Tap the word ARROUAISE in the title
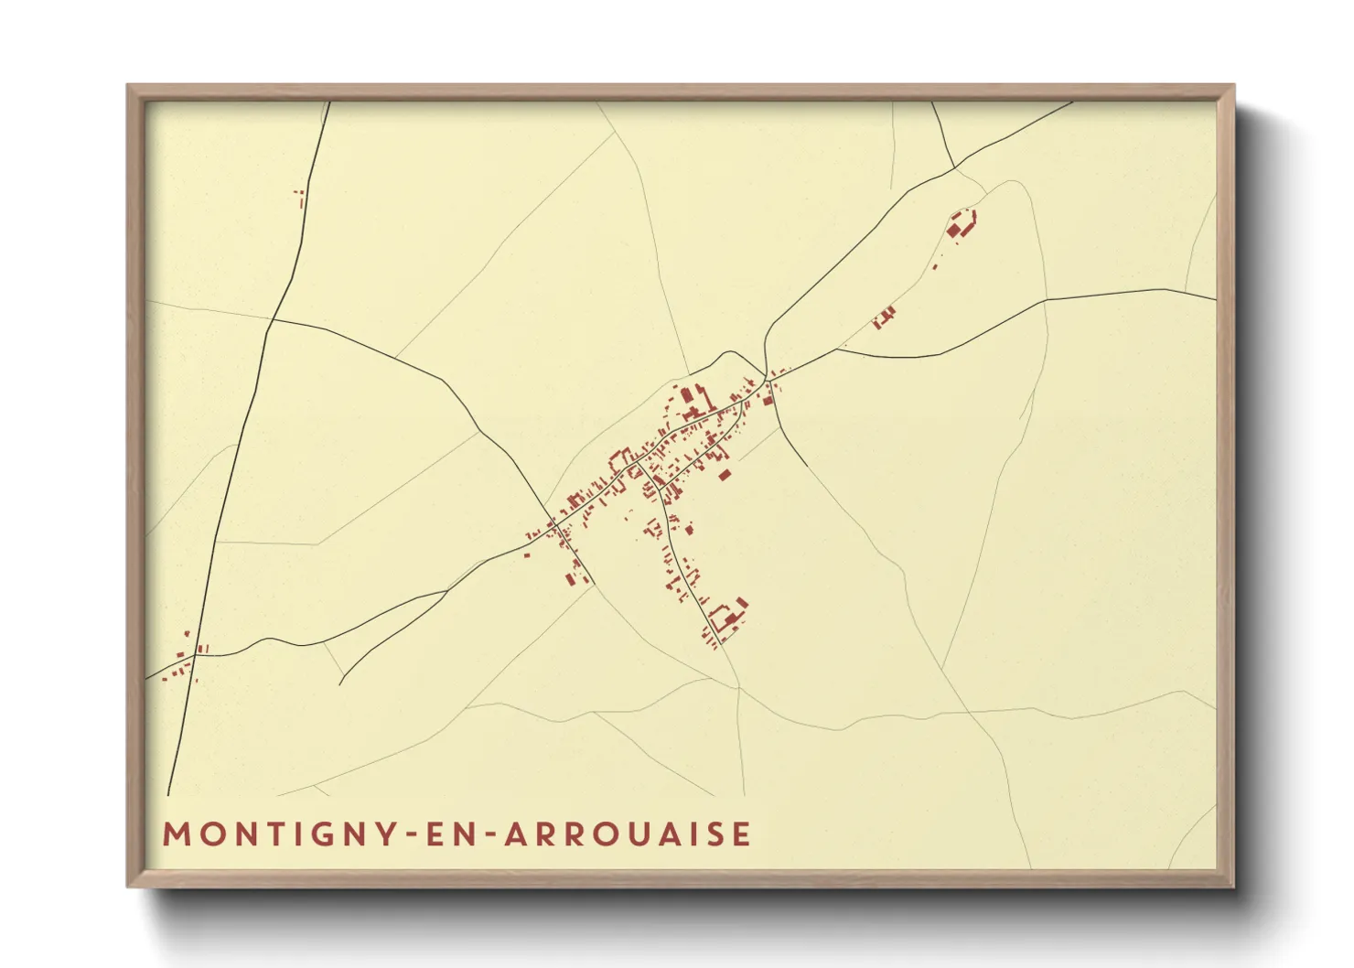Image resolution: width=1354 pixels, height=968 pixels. pos(627,834)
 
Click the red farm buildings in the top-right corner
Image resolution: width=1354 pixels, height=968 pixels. pos(961,224)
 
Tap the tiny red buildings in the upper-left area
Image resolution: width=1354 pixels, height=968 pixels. pos(299,195)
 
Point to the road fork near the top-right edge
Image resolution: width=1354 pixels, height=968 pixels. pos(954,168)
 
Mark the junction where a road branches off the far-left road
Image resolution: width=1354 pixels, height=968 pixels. pos(272,320)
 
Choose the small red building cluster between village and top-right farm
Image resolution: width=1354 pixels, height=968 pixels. pos(884,317)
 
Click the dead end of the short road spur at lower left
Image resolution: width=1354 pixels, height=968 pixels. pos(340,683)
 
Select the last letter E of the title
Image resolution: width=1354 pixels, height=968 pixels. pos(742,834)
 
